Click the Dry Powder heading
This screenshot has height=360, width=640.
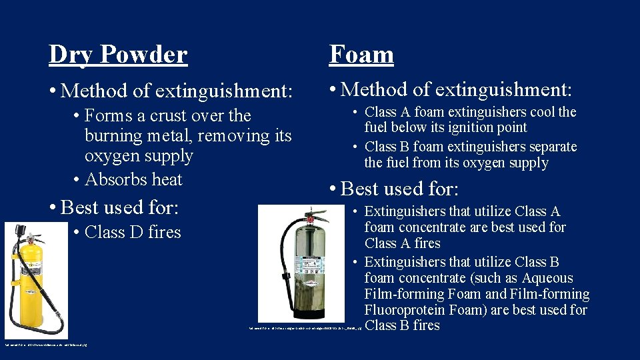[117, 54]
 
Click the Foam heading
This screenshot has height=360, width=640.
[361, 54]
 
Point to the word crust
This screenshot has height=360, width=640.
[170, 116]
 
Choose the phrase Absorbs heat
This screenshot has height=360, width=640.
[133, 179]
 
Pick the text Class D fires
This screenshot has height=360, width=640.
[133, 232]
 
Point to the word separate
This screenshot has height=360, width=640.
[549, 147]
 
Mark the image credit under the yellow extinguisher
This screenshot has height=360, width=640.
[46, 345]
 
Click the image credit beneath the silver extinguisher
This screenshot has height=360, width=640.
[304, 328]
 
